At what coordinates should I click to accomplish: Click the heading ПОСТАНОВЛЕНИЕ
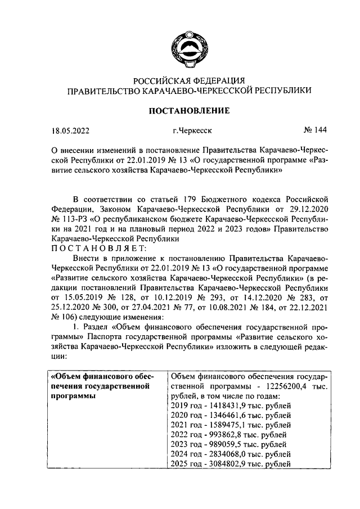coord(188,110)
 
